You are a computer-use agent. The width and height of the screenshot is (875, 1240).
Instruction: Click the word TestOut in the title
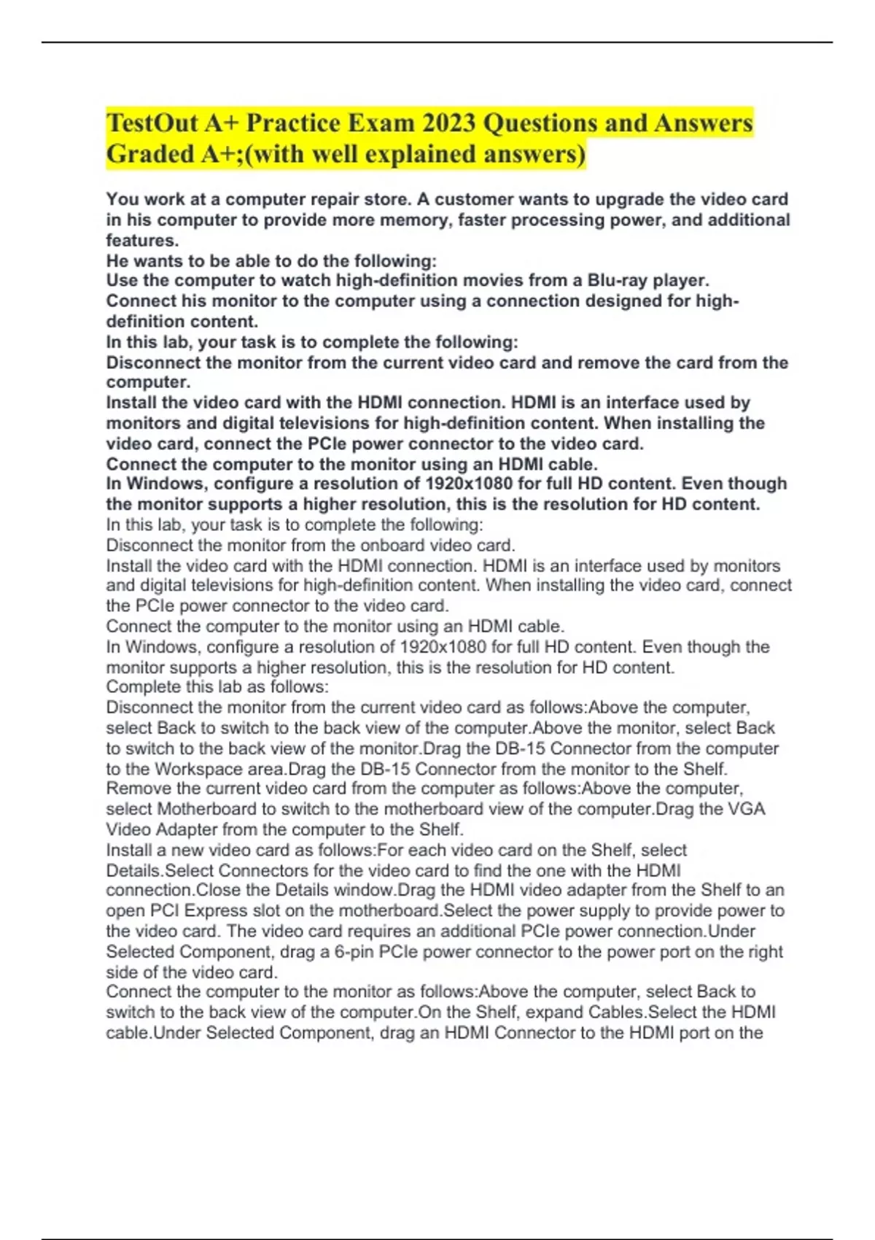(x=152, y=123)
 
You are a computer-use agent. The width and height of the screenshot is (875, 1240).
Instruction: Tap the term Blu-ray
(x=617, y=280)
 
